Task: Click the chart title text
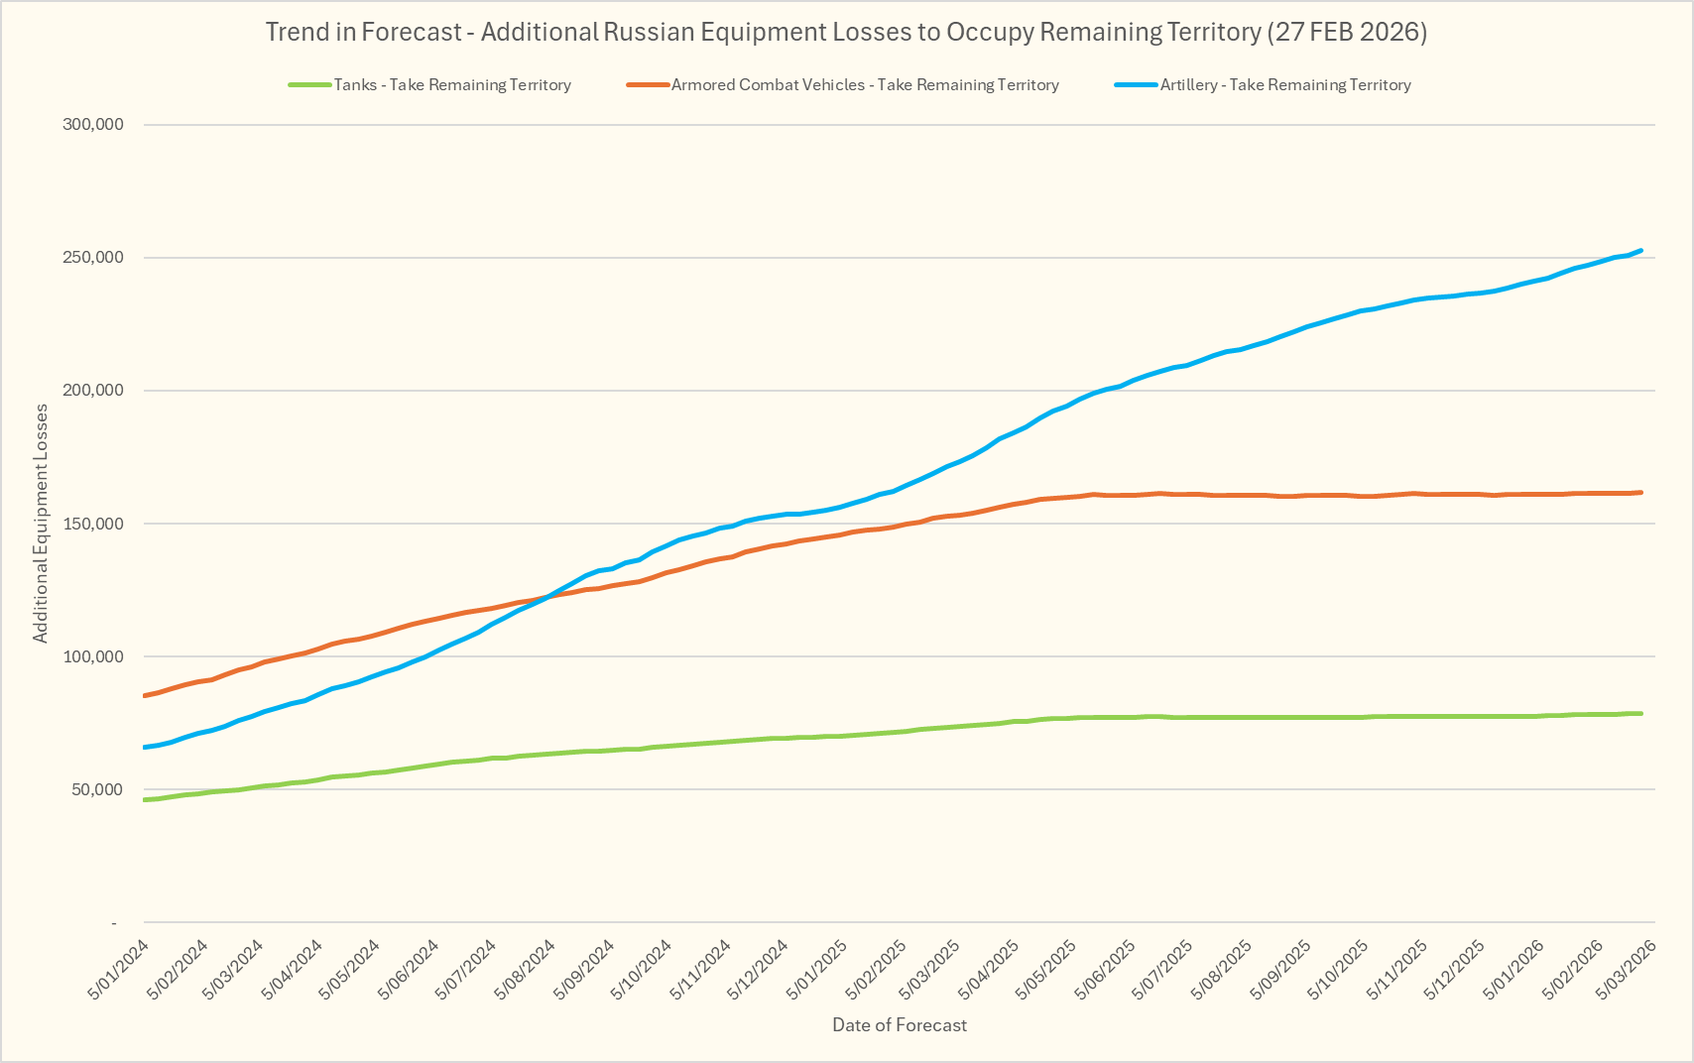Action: coord(846,33)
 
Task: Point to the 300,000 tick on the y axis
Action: coord(92,125)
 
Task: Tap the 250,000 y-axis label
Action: coord(92,258)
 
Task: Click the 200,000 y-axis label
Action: coord(92,391)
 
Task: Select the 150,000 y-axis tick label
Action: coord(92,524)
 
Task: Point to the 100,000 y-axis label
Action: coord(92,656)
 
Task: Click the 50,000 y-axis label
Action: coord(96,789)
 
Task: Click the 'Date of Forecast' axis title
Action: coord(900,1025)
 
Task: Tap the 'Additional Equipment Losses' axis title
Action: coord(41,524)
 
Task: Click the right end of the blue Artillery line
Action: coord(1641,251)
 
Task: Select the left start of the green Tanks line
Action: coord(145,799)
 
